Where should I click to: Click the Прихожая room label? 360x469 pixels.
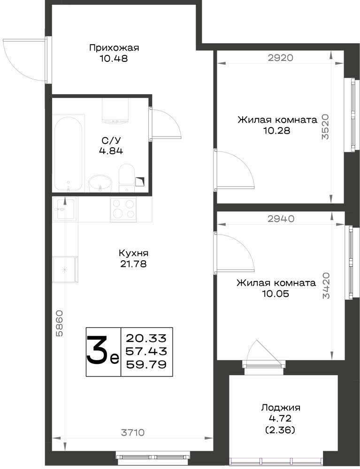click(x=114, y=48)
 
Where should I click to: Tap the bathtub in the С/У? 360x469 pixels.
click(x=68, y=153)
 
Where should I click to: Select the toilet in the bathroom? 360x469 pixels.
click(x=127, y=178)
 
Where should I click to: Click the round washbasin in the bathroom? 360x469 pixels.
click(x=100, y=183)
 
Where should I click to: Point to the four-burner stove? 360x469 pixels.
click(x=123, y=209)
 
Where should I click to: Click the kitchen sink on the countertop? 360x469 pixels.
click(x=65, y=209)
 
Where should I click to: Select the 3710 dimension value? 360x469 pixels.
click(x=132, y=432)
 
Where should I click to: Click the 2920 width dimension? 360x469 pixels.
click(x=280, y=58)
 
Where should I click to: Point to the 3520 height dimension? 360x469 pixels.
click(x=325, y=127)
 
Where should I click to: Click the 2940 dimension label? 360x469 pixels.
click(x=281, y=219)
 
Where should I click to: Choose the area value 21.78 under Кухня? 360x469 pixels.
click(x=133, y=264)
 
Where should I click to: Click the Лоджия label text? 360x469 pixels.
click(x=281, y=408)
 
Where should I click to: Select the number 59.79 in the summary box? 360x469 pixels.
click(x=146, y=364)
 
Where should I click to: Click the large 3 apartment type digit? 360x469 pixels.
click(x=97, y=349)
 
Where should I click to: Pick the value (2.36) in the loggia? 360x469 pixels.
click(x=280, y=430)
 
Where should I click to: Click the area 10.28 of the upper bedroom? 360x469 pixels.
click(x=277, y=131)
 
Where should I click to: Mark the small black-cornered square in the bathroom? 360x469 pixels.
click(x=140, y=182)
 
